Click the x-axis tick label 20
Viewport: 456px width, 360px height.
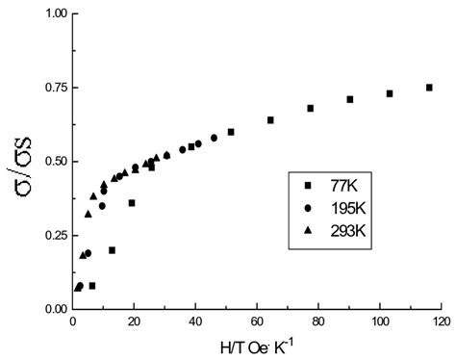[x=135, y=321]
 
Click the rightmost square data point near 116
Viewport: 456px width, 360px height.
[x=429, y=88]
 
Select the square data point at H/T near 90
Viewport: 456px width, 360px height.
[x=350, y=99]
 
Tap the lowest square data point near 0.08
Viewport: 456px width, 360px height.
[x=92, y=286]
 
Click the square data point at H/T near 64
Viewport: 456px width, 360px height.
[x=270, y=120]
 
